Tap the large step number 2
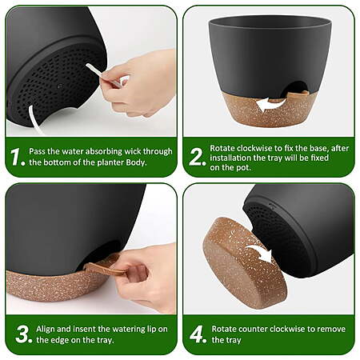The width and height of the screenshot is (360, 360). pyautogui.click(x=196, y=157)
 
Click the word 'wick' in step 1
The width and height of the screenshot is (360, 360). pyautogui.click(x=133, y=151)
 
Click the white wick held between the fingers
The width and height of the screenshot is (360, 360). pyautogui.click(x=104, y=75)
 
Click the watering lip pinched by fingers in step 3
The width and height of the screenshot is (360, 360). pyautogui.click(x=105, y=269)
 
